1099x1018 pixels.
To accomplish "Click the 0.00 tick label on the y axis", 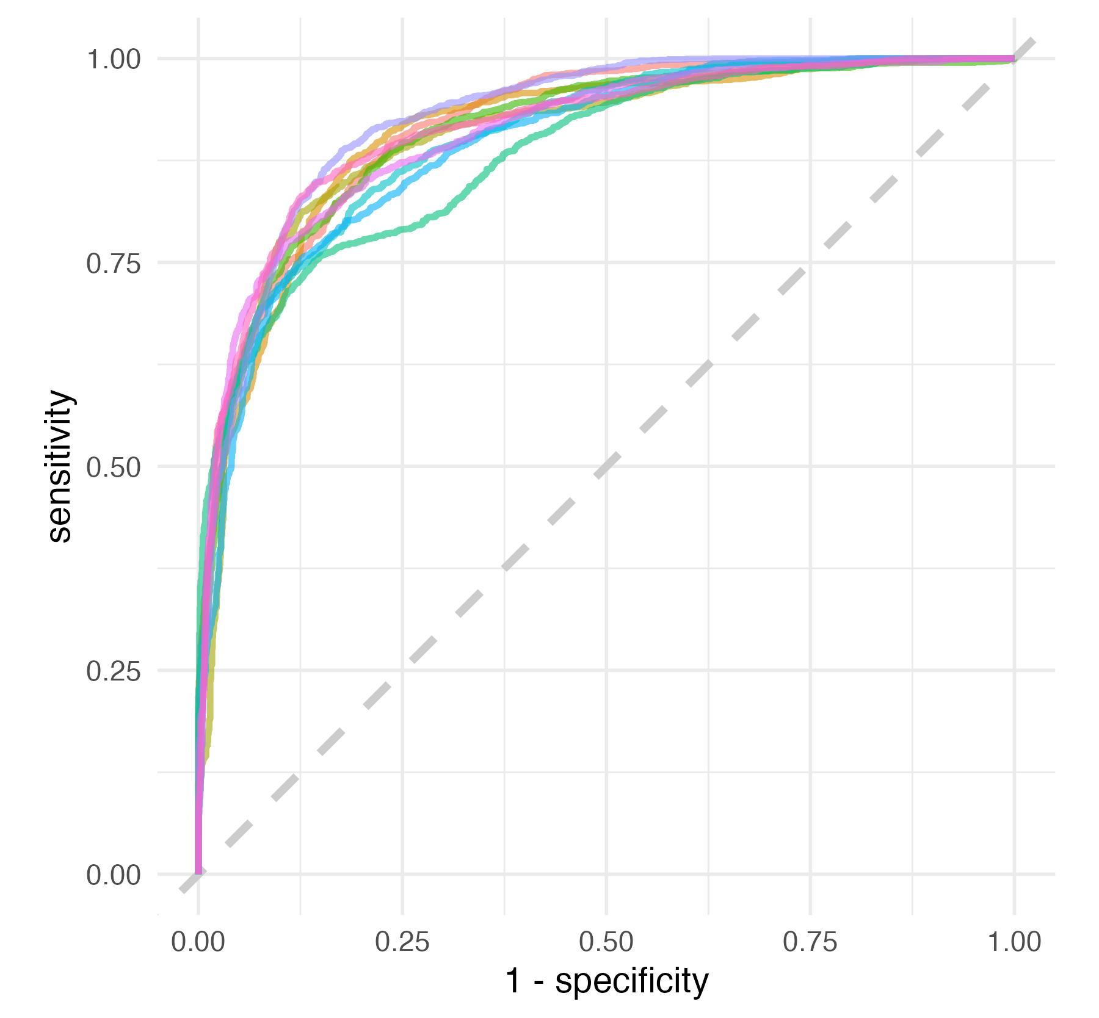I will tap(114, 875).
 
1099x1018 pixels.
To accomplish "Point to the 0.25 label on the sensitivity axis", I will tap(114, 671).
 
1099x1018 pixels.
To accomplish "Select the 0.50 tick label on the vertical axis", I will tap(114, 467).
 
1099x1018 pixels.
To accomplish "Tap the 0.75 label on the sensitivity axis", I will tap(114, 263).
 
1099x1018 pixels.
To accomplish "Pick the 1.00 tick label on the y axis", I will tap(114, 59).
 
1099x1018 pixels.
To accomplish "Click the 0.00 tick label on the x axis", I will tap(198, 942).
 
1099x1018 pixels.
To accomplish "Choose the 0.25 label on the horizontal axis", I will tap(402, 942).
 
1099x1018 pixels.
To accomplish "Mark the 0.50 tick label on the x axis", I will tap(606, 942).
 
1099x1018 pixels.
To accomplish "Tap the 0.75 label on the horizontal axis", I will tap(810, 942).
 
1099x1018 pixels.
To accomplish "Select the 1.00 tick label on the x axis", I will tap(1014, 942).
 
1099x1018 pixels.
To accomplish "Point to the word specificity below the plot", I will tap(632, 982).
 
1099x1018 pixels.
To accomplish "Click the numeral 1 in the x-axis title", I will tap(514, 982).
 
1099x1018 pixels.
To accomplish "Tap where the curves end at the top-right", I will tap(1014, 59).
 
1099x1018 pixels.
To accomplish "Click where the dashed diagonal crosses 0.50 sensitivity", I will tap(606, 467).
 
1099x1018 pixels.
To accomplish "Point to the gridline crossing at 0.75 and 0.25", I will tap(811, 671).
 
